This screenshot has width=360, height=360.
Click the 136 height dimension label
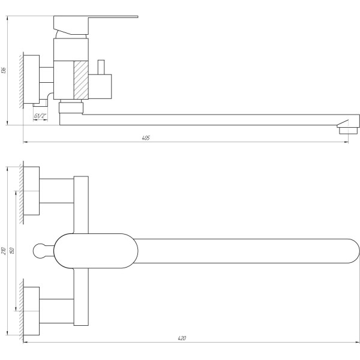click(5, 71)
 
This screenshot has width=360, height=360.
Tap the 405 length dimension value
click(146, 137)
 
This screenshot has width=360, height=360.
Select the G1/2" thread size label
click(41, 116)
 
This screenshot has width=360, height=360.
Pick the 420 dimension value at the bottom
click(182, 338)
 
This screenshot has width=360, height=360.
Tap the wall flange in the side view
click(31, 79)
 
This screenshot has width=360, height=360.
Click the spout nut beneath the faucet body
click(71, 108)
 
